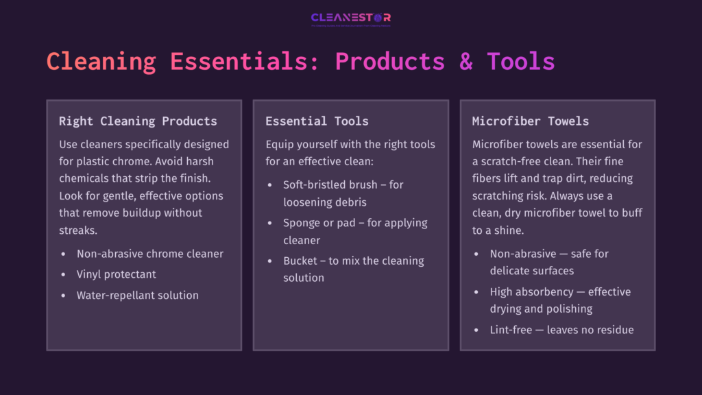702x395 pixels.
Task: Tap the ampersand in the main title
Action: pos(466,62)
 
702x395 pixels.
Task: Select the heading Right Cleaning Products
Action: pos(138,121)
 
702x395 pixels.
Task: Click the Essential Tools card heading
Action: pos(317,121)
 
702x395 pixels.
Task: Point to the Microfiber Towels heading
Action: pos(531,121)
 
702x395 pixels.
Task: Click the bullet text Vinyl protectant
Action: pos(117,274)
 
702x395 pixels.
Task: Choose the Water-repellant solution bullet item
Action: pos(138,296)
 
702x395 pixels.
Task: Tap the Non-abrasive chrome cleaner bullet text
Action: pos(150,254)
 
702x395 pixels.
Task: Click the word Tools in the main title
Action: pos(520,62)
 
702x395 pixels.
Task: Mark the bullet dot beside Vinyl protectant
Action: pos(64,274)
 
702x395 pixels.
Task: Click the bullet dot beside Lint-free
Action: pos(476,330)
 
